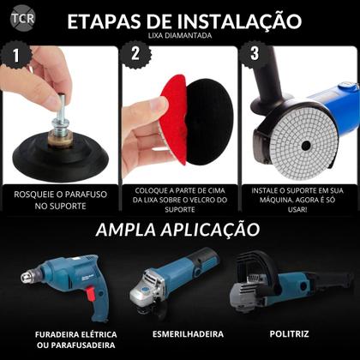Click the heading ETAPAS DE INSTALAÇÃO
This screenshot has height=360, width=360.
click(x=184, y=21)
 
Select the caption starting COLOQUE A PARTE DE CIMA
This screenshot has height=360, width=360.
click(x=180, y=200)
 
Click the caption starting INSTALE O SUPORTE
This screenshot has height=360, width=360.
click(x=299, y=200)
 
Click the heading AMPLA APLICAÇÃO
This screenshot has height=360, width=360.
click(x=177, y=230)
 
